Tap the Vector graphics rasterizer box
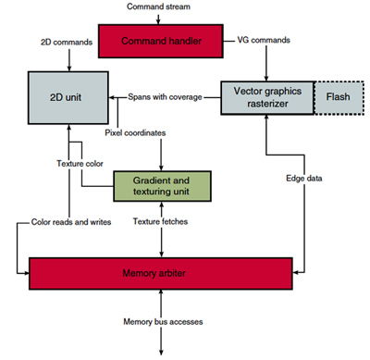tap(267, 95)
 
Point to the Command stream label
tap(159, 7)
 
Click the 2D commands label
tap(67, 43)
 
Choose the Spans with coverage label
tap(166, 96)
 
